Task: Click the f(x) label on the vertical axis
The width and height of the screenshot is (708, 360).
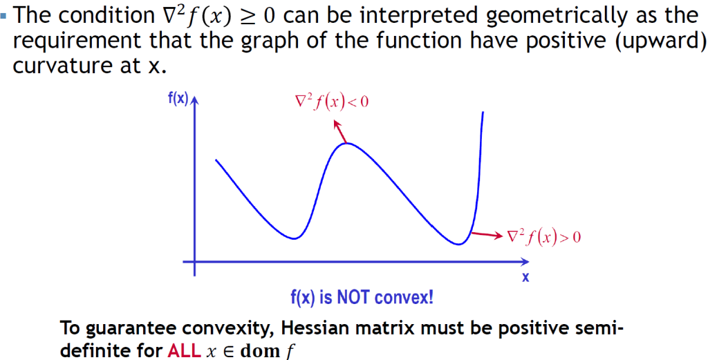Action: (x=178, y=99)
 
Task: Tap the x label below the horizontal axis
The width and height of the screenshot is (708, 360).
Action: (x=525, y=278)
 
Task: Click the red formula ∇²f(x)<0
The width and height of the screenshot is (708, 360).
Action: (x=331, y=102)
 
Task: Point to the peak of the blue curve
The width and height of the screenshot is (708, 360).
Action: (x=347, y=143)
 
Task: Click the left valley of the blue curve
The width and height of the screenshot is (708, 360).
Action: (x=294, y=238)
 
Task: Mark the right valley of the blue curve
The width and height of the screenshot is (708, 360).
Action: (x=459, y=245)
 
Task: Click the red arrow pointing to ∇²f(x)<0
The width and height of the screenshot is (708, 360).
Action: (x=340, y=131)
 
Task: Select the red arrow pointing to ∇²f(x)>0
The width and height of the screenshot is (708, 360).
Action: (x=487, y=234)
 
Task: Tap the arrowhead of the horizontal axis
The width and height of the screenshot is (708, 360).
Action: (x=525, y=262)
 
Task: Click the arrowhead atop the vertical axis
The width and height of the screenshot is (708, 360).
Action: (x=194, y=100)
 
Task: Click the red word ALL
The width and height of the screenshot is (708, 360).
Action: (x=184, y=350)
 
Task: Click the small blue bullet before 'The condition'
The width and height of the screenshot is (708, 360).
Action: (x=3, y=15)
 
